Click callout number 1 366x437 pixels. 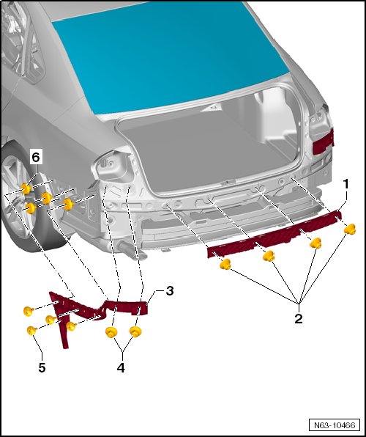click(x=346, y=185)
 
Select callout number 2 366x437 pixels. click(x=299, y=318)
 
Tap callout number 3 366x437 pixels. click(x=170, y=291)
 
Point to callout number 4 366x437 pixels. click(x=121, y=368)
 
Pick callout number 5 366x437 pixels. click(x=42, y=368)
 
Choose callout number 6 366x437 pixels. click(x=36, y=158)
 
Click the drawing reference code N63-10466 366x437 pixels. click(x=335, y=425)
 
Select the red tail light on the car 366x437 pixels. click(x=324, y=142)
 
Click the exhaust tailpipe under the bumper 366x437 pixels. click(x=131, y=250)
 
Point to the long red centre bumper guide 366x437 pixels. click(x=274, y=235)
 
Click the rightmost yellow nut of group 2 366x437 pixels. click(x=350, y=229)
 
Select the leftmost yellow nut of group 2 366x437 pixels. click(x=225, y=264)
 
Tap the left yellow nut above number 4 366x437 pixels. click(x=111, y=332)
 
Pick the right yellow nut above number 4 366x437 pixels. click(x=135, y=331)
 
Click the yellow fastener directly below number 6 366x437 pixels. click(x=26, y=189)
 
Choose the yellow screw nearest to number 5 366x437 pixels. click(x=31, y=331)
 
